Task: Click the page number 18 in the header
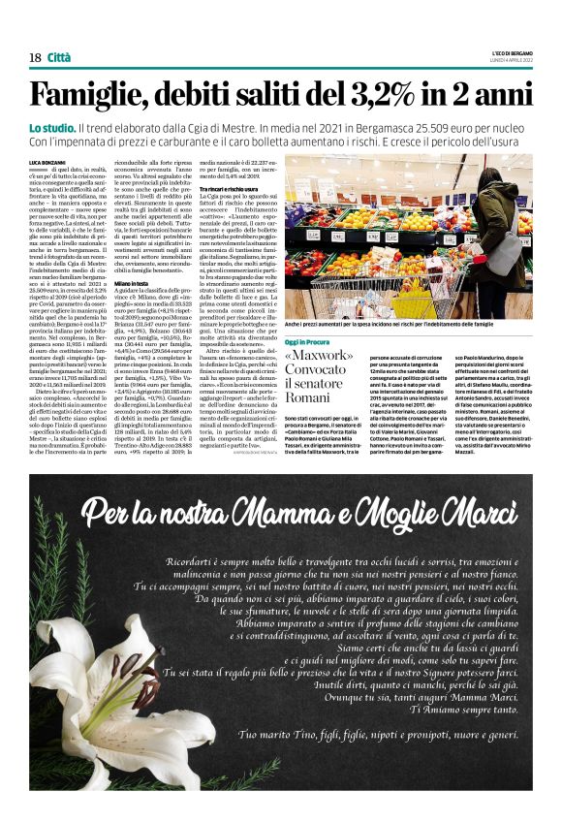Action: [x=35, y=58]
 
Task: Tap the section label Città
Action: [x=60, y=58]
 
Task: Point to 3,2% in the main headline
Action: [x=358, y=94]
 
